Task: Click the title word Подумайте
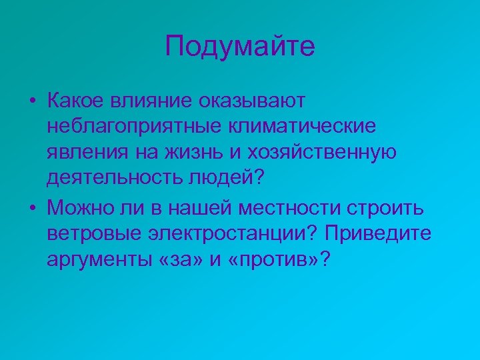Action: pos(240,47)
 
